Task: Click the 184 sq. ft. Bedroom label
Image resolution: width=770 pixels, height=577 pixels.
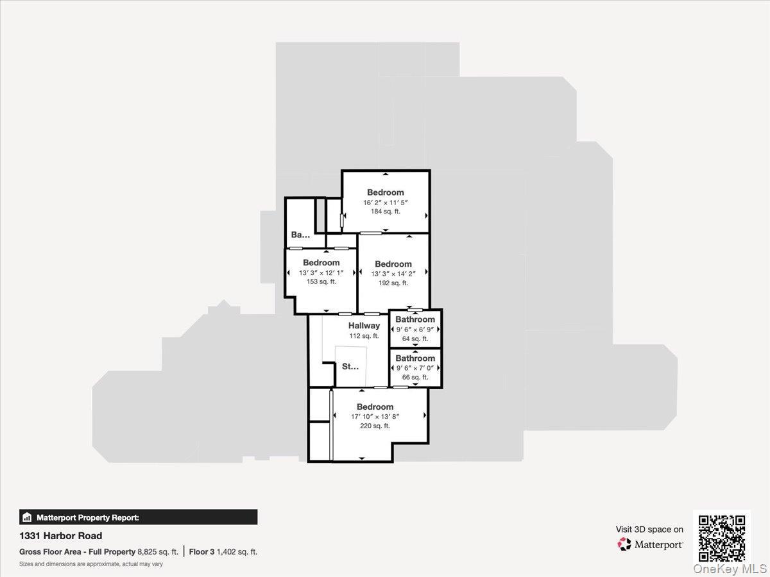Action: click(386, 192)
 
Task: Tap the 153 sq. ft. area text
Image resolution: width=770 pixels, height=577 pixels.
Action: click(321, 281)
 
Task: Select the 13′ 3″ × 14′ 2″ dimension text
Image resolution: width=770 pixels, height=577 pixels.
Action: click(393, 274)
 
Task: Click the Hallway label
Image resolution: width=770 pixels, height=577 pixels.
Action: click(364, 326)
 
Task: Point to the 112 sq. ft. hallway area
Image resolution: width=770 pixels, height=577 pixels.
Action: click(364, 335)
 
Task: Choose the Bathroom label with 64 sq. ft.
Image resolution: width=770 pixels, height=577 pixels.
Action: click(415, 319)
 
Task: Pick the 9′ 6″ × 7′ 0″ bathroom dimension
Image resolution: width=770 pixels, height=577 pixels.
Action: click(415, 368)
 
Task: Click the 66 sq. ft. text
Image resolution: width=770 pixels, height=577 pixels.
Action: click(415, 377)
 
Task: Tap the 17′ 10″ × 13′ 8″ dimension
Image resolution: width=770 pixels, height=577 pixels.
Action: click(375, 416)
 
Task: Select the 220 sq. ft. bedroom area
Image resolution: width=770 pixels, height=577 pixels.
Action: click(375, 426)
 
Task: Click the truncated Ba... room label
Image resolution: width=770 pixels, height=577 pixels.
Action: click(300, 235)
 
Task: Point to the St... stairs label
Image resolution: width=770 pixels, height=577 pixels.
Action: click(350, 367)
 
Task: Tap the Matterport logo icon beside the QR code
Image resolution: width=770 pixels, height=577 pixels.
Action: click(624, 544)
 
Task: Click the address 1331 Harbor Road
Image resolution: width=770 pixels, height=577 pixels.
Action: click(61, 536)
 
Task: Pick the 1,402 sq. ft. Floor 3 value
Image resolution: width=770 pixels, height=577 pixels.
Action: click(237, 551)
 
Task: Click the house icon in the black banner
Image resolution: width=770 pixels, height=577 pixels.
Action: click(27, 517)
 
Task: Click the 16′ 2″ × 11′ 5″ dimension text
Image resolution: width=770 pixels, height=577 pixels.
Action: click(386, 203)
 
